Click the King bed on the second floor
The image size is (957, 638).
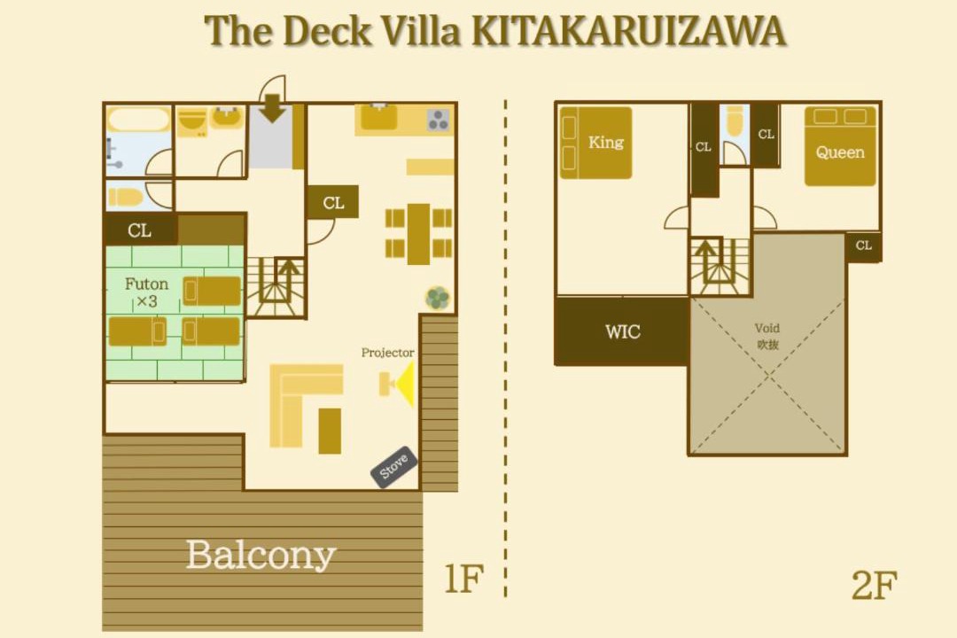coord(595,143)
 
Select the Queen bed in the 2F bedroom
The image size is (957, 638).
coord(840,146)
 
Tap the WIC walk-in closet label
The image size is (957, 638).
coord(623,331)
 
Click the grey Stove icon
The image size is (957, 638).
coord(394,467)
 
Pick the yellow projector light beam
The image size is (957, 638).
coord(405,384)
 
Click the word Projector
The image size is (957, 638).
coord(387,353)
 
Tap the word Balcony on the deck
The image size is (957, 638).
coord(261,555)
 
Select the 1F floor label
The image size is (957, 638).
coord(463,578)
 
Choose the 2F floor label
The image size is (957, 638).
coord(874,585)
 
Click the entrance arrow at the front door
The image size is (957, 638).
coord(272,108)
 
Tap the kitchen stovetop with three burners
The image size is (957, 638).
coord(439,121)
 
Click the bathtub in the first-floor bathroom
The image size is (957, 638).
coord(138,119)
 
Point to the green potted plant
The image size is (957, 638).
coord(438,298)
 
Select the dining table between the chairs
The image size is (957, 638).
coord(418,234)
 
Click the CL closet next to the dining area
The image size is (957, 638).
coord(332,202)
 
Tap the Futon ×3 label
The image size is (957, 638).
coord(146,292)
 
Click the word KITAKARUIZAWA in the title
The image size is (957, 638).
coord(629,30)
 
